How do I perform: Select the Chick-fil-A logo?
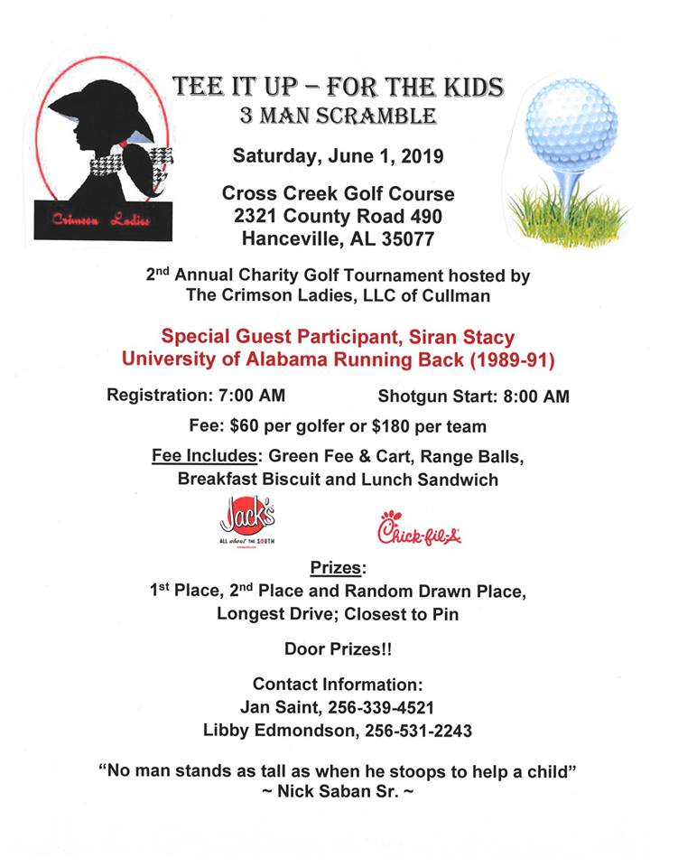click(420, 528)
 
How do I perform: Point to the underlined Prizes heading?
click(338, 569)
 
